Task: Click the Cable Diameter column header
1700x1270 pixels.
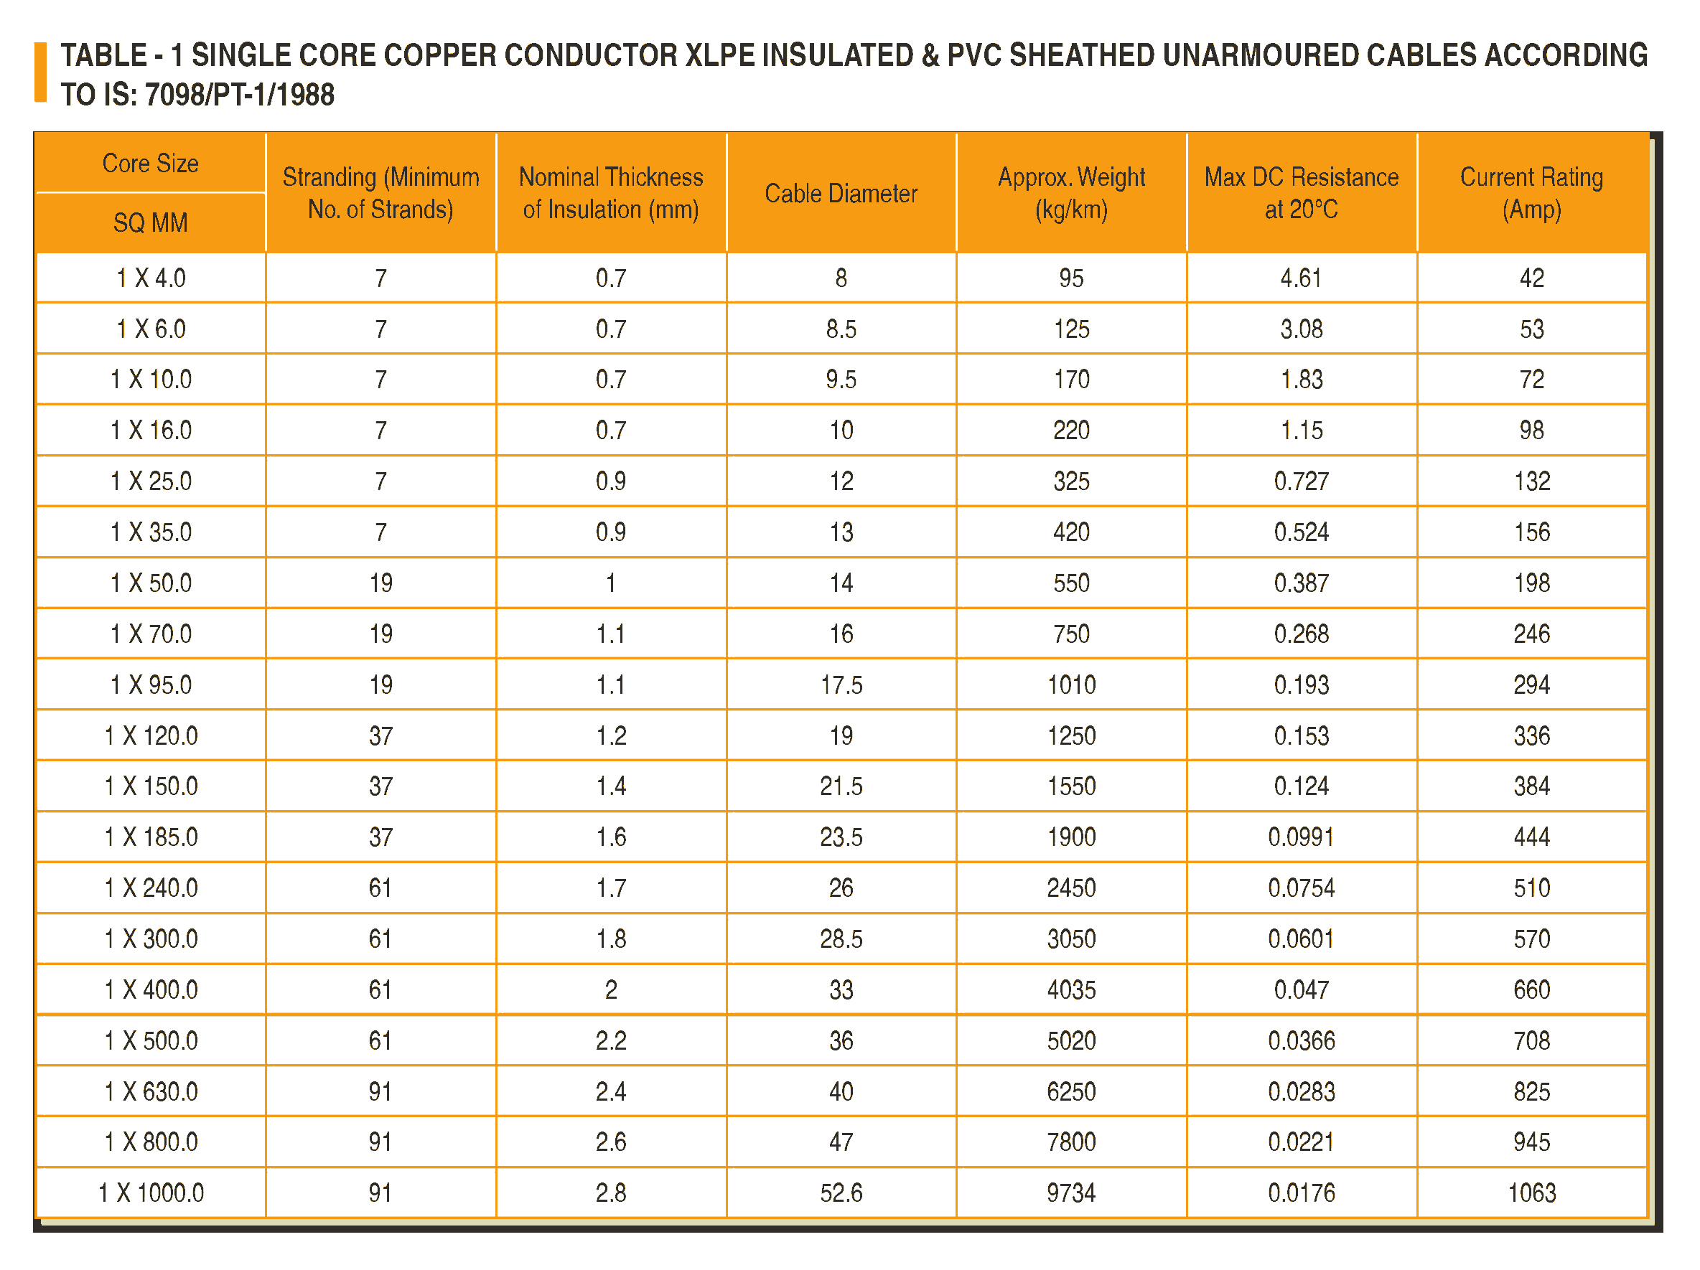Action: [841, 194]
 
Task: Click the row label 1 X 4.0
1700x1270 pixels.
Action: [151, 278]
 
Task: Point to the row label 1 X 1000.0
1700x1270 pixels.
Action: [151, 1193]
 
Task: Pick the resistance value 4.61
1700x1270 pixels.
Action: [1301, 278]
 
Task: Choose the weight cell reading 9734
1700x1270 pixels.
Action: [1070, 1193]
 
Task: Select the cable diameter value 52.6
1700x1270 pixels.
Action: [841, 1193]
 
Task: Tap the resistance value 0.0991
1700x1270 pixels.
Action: [1301, 837]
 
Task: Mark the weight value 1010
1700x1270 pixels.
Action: [1070, 685]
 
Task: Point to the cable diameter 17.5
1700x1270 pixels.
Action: [841, 685]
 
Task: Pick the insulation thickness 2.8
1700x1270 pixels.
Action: [610, 1193]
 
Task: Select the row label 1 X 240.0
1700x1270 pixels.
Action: [151, 888]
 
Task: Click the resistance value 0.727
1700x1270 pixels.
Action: [1301, 481]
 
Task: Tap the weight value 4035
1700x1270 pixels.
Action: [1070, 989]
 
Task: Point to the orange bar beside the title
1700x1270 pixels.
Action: [41, 72]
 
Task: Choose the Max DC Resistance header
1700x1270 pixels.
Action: [1301, 194]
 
